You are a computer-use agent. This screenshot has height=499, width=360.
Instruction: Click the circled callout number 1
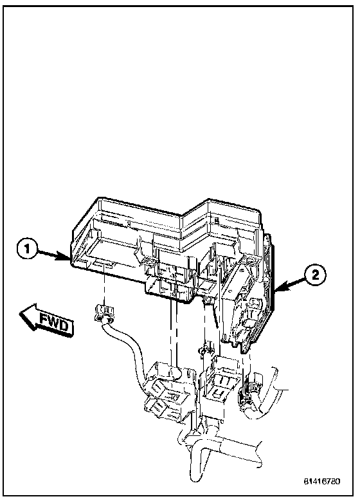[27, 250]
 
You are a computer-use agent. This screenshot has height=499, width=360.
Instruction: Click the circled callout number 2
[316, 275]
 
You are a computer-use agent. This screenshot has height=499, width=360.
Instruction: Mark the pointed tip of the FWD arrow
[20, 314]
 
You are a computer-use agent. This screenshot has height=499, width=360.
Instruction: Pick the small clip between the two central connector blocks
[204, 350]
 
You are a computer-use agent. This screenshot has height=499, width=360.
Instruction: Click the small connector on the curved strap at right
[253, 386]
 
